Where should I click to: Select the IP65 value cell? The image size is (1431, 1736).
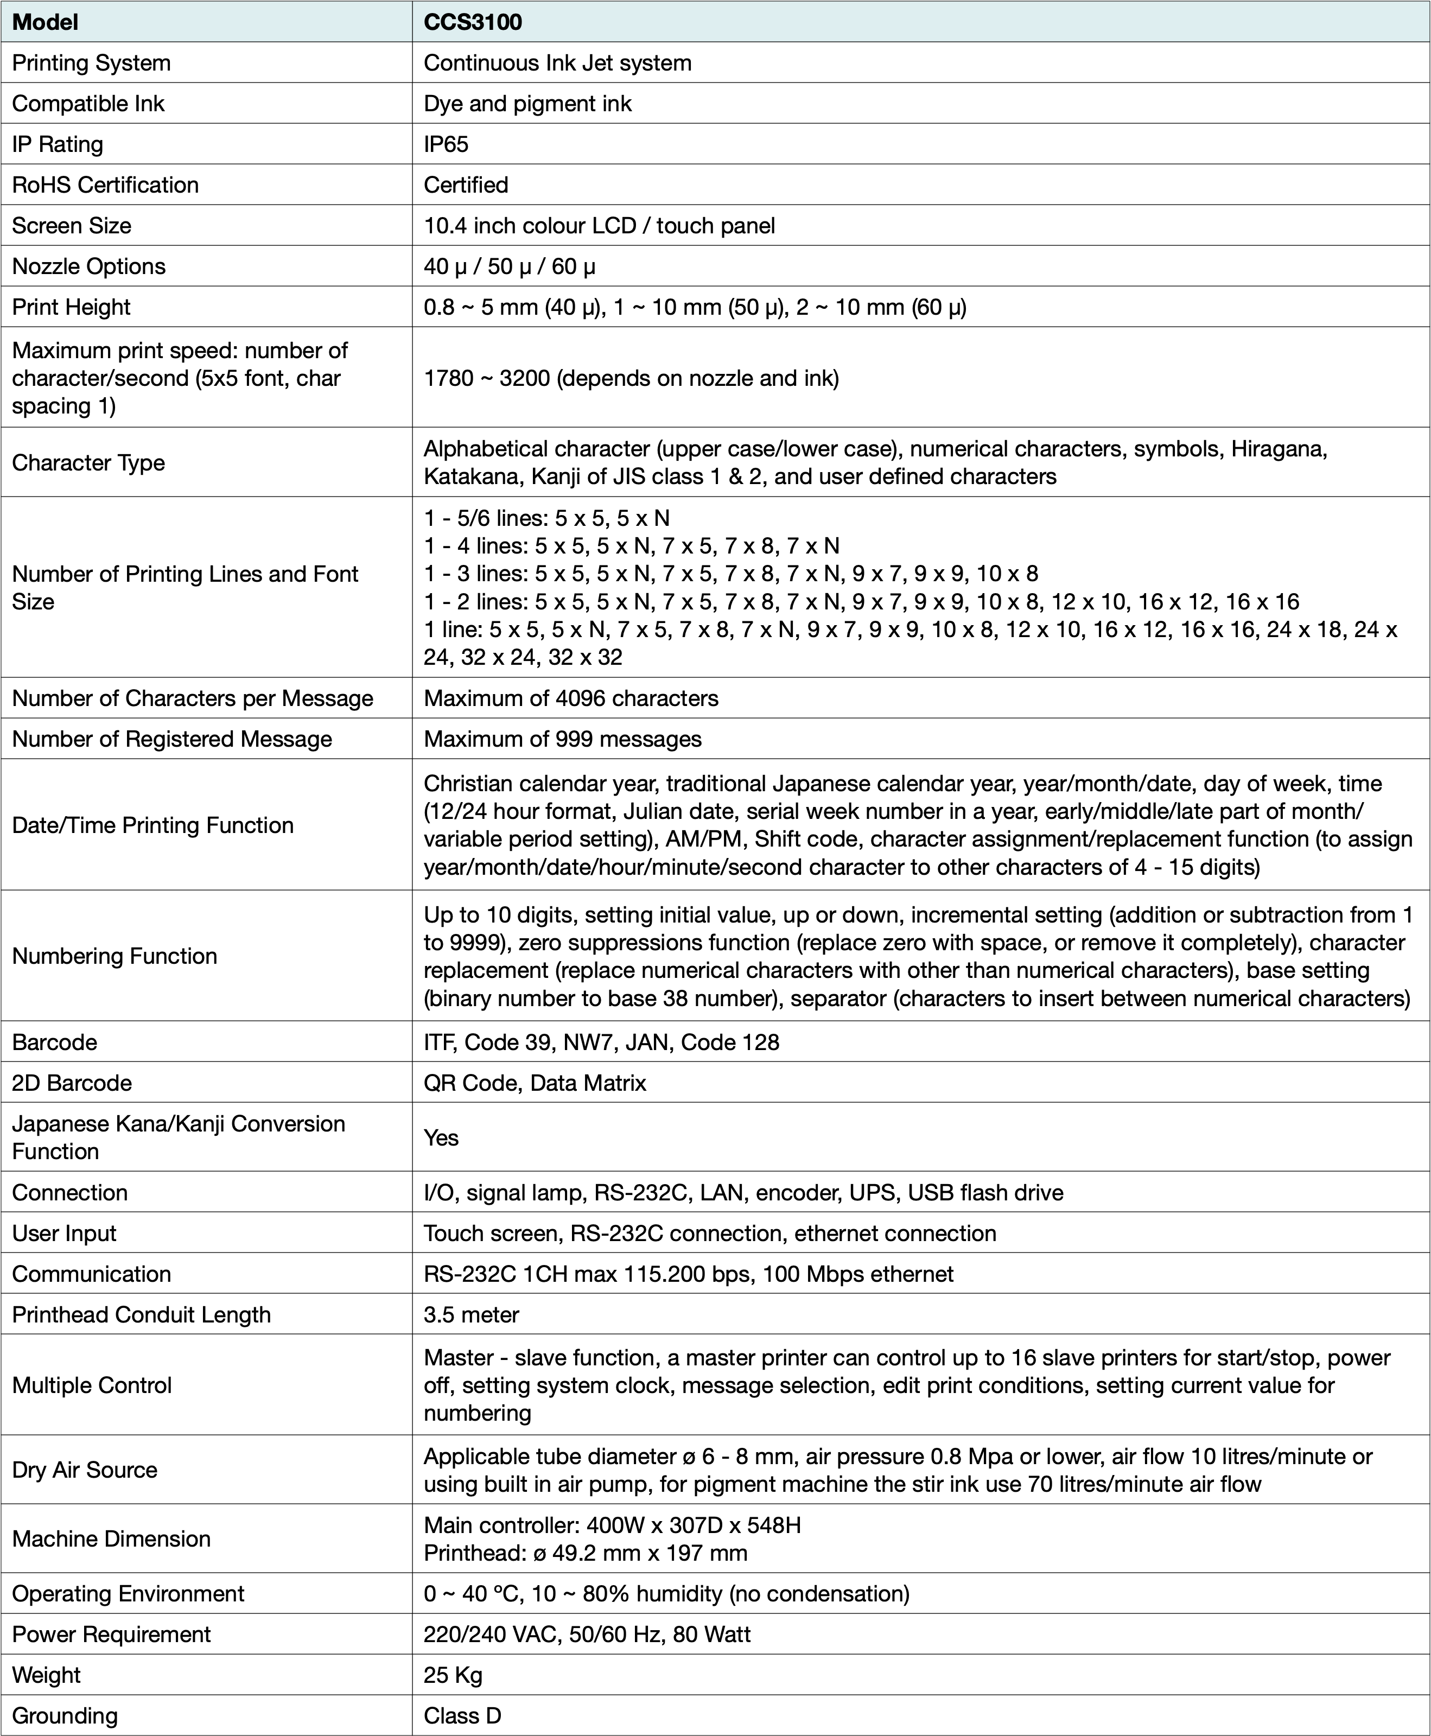(x=446, y=144)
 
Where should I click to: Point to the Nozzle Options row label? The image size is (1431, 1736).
(x=88, y=266)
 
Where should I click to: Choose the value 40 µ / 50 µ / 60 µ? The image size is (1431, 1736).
(x=510, y=266)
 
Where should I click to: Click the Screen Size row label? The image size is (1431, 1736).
(x=71, y=226)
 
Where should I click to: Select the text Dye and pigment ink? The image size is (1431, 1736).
(x=527, y=104)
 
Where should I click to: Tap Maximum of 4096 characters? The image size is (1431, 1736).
(x=570, y=698)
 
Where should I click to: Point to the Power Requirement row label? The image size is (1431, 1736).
(x=111, y=1634)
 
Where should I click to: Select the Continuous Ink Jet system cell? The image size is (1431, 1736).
(x=557, y=63)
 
